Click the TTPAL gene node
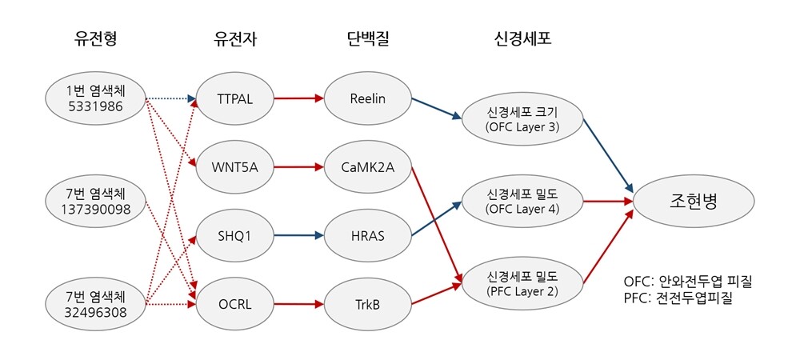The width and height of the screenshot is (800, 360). (234, 100)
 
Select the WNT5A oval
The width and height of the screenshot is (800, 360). (234, 167)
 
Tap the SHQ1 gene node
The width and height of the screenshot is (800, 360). (234, 236)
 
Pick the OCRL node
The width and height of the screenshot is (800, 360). (234, 304)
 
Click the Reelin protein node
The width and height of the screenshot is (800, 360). (367, 100)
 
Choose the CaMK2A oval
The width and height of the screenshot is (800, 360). (367, 167)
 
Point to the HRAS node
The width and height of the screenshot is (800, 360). (367, 236)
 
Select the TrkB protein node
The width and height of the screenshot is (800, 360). (367, 304)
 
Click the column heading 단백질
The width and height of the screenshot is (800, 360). (367, 39)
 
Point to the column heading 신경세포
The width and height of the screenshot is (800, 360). (522, 39)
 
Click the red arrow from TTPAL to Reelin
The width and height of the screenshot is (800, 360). (299, 100)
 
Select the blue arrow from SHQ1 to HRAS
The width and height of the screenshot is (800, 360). (299, 236)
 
